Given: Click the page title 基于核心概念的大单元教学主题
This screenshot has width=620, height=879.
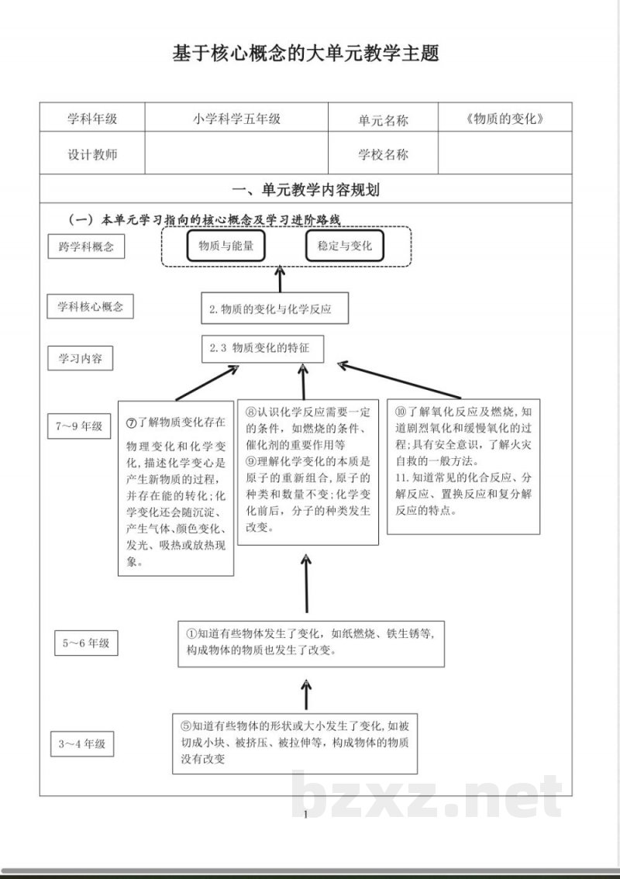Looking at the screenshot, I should coord(306,54).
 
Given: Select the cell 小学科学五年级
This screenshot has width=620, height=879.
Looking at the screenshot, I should coord(236,119).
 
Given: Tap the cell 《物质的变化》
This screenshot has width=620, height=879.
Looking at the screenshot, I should coord(505,119).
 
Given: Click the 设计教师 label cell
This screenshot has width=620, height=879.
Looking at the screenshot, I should coord(92,154).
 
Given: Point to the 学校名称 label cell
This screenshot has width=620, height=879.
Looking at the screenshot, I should coord(383,154).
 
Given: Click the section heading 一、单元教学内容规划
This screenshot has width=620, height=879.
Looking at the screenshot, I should coord(306,190).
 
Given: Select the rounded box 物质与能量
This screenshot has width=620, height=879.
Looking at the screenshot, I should coord(226,246).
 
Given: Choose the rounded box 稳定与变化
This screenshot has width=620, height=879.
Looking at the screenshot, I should coord(344,246).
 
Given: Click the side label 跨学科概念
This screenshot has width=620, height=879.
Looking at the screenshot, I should coord(86,247).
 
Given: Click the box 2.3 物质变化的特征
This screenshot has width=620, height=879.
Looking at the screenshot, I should coord(262,349).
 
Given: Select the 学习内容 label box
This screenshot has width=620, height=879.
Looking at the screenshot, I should coord(81,359).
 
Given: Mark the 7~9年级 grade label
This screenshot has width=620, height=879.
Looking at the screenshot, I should coord(79,426).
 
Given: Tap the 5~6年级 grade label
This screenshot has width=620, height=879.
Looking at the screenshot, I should coord(86,643).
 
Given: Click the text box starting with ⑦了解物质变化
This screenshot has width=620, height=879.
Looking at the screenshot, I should coord(176,488).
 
